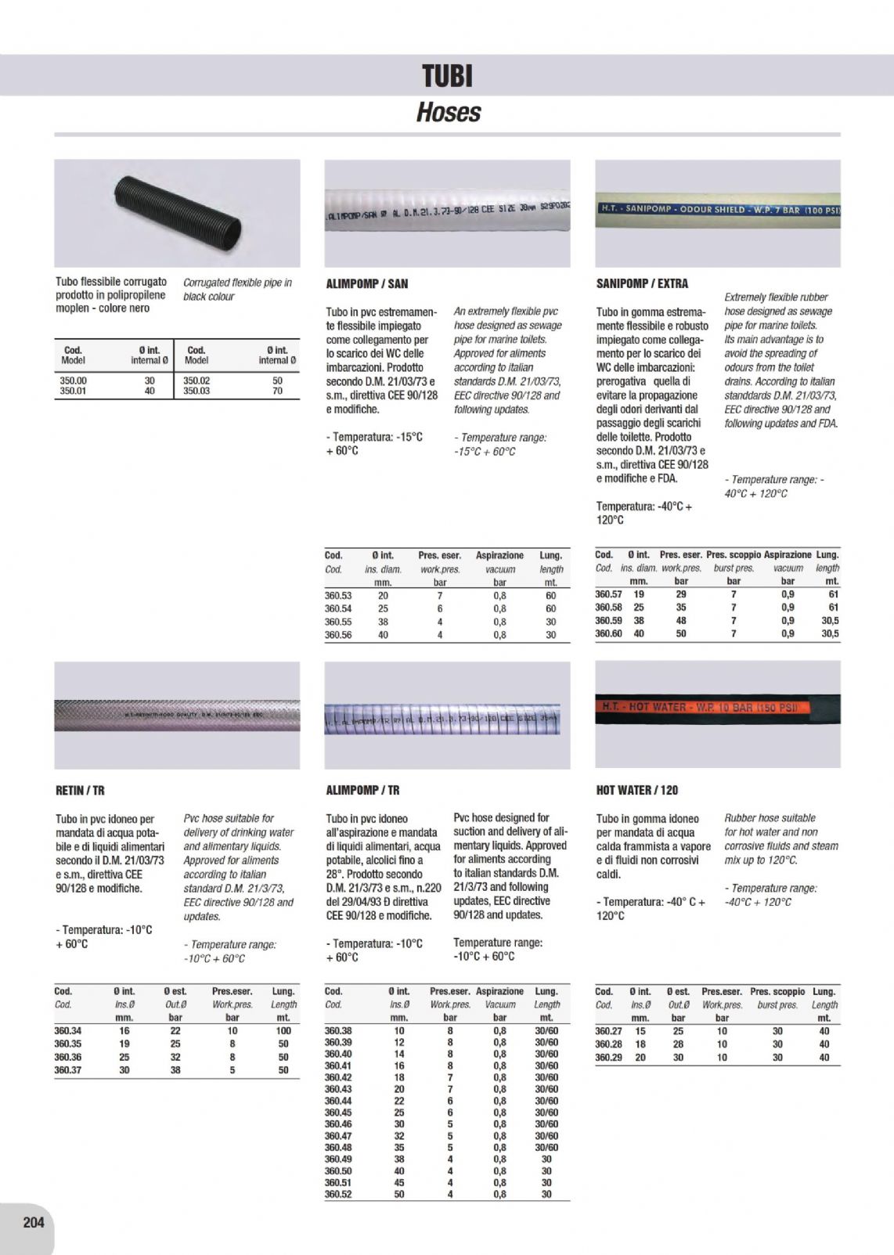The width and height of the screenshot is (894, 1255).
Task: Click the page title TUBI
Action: pyautogui.click(x=447, y=77)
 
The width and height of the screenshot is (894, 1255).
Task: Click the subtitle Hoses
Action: pyautogui.click(x=448, y=113)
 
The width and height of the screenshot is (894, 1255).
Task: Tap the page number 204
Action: pyautogui.click(x=34, y=1221)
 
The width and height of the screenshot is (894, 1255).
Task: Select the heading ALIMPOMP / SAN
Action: pyautogui.click(x=366, y=283)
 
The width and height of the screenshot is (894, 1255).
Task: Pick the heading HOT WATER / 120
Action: pyautogui.click(x=636, y=791)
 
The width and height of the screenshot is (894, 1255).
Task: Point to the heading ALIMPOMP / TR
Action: pyautogui.click(x=362, y=791)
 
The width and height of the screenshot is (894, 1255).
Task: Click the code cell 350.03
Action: pyautogui.click(x=196, y=391)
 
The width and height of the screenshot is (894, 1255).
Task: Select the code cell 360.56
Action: pyautogui.click(x=338, y=635)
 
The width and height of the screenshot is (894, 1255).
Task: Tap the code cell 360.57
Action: pyautogui.click(x=608, y=594)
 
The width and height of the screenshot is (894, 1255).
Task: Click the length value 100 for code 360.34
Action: pyautogui.click(x=283, y=1031)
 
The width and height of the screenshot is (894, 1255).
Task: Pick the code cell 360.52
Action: pyautogui.click(x=338, y=1194)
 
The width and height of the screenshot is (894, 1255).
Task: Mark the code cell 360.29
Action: pyautogui.click(x=608, y=1057)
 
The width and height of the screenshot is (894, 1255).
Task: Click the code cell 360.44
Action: pyautogui.click(x=338, y=1101)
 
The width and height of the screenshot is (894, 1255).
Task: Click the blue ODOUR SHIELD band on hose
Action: pyautogui.click(x=716, y=209)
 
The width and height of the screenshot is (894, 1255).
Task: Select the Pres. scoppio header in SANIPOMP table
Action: pyautogui.click(x=734, y=554)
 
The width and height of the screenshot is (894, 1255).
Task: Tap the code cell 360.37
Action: pyautogui.click(x=68, y=1069)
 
